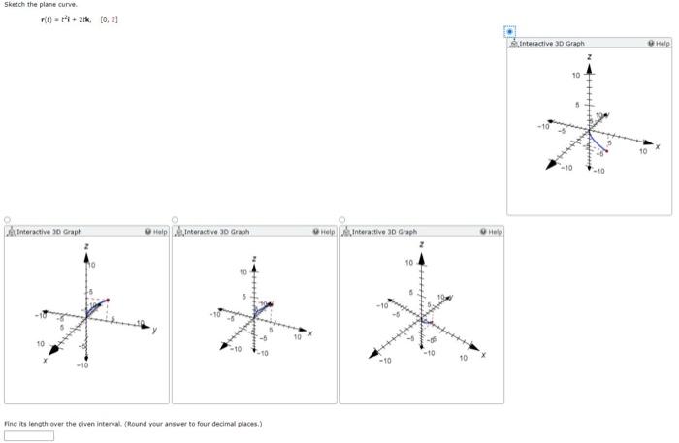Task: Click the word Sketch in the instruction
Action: click(x=16, y=5)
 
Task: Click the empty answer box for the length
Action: click(x=29, y=435)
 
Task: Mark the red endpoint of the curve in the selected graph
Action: click(x=607, y=151)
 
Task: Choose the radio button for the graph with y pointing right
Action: click(x=8, y=219)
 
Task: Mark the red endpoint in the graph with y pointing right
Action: click(x=108, y=300)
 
